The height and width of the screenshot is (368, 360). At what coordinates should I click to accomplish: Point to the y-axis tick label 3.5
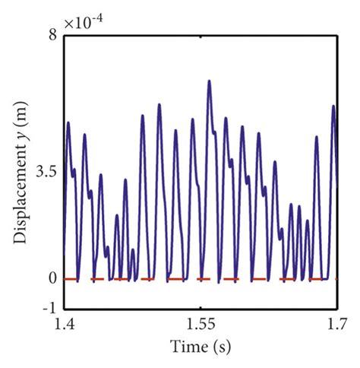[x=46, y=173]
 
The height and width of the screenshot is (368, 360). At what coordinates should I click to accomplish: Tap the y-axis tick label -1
[x=49, y=307]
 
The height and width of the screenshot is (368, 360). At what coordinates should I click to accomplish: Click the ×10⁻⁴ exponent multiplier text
[x=83, y=23]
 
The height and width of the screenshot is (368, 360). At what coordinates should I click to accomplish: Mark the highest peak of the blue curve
[x=209, y=81]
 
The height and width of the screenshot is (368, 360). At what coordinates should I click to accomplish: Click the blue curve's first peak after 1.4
[x=68, y=122]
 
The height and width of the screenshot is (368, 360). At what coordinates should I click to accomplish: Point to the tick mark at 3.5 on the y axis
[x=66, y=173]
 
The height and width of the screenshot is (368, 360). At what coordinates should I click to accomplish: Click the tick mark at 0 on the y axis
[x=66, y=279]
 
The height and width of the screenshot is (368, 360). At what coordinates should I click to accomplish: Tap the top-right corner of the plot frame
[x=336, y=35]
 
